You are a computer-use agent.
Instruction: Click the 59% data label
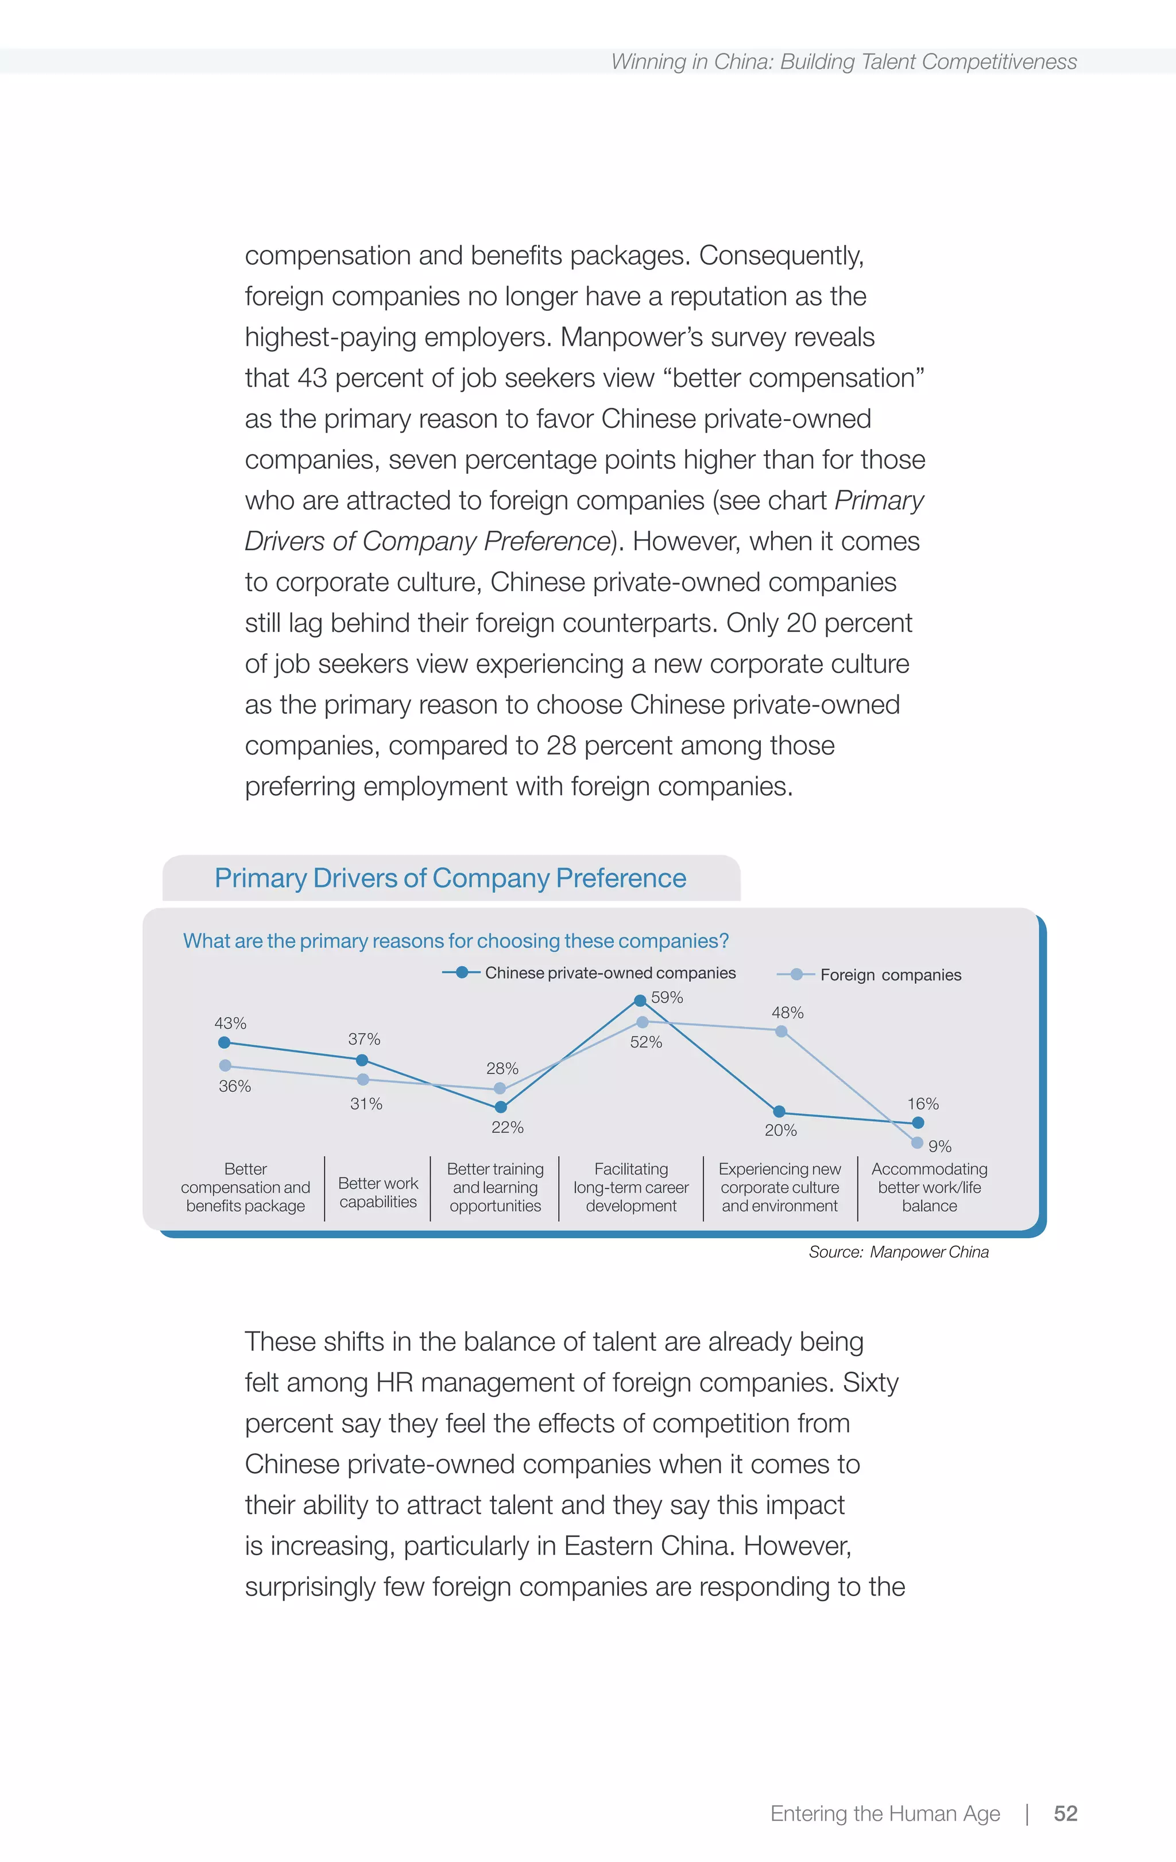667,998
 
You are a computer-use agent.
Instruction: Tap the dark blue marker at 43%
224,1042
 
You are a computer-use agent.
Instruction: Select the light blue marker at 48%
781,1032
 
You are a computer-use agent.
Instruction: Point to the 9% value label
939,1146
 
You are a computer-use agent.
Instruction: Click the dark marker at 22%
500,1107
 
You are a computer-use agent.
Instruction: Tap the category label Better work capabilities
378,1192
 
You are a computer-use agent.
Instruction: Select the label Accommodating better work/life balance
929,1187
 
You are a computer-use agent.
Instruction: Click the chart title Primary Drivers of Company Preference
450,878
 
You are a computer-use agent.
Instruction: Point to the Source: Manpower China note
899,1252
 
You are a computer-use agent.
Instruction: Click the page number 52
1065,1813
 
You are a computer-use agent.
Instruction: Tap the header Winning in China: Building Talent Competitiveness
844,62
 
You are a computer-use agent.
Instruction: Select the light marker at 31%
363,1079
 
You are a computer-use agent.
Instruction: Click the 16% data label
922,1103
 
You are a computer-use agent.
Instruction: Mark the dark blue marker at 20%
779,1111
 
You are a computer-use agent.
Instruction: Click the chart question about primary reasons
455,941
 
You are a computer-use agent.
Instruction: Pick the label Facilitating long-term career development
631,1187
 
